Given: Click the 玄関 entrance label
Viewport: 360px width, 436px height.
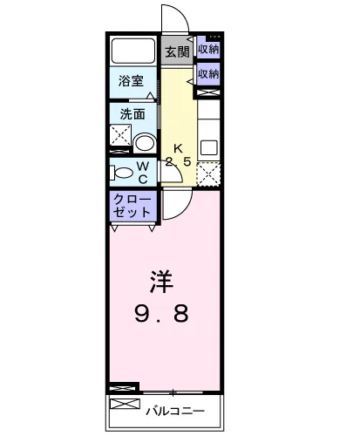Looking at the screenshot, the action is tap(177, 52).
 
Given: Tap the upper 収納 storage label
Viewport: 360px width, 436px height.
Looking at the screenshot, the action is tap(208, 49).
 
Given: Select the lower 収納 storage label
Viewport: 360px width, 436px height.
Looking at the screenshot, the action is tap(208, 74).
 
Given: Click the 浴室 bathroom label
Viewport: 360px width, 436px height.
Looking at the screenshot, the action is tap(131, 81).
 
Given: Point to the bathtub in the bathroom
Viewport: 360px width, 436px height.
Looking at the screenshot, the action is tap(132, 51).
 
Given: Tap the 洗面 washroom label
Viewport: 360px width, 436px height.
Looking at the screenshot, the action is tap(132, 114).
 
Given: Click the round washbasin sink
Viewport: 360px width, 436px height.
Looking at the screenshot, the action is tap(146, 142).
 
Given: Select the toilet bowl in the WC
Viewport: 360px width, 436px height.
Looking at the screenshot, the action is tap(121, 173).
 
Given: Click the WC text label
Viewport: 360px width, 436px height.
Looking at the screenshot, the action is tap(143, 173).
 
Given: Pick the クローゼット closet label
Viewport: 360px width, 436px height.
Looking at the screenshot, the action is tap(132, 206).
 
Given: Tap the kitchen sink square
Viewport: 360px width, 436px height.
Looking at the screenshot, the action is tap(209, 147).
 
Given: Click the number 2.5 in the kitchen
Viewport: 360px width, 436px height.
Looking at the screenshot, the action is tap(179, 161).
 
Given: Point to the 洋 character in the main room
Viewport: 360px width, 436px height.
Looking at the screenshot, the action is tap(161, 282).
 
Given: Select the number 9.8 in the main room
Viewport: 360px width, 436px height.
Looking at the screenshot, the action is tap(161, 313).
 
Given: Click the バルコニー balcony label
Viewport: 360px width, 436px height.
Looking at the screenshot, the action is tap(175, 411).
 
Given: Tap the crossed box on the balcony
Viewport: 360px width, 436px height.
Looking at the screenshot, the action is tap(125, 404).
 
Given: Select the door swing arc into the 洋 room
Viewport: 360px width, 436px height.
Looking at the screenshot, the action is tap(185, 211).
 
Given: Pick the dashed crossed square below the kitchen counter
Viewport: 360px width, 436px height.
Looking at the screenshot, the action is tap(208, 174).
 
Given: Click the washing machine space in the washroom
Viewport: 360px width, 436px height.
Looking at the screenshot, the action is tap(120, 135).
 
